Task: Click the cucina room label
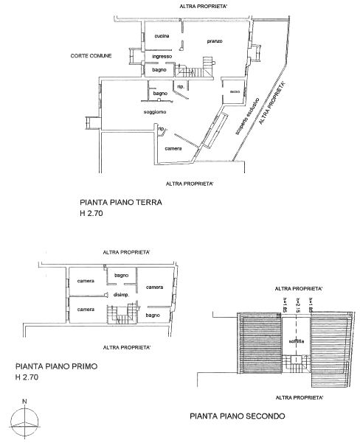(x=162, y=36)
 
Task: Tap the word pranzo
(x=215, y=41)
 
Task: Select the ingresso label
(x=162, y=57)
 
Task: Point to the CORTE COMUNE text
(x=91, y=55)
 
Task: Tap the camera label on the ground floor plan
(x=173, y=148)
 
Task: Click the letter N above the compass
(x=24, y=402)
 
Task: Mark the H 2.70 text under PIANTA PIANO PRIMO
(x=29, y=377)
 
